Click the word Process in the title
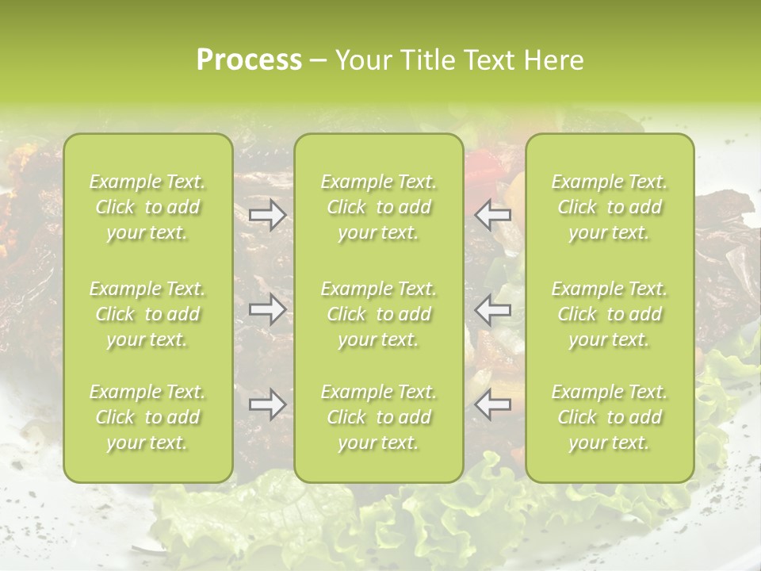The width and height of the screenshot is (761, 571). (249, 60)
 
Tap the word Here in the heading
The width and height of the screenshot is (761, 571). (555, 60)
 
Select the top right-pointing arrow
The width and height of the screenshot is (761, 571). (268, 215)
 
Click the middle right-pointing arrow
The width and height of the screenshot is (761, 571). (268, 309)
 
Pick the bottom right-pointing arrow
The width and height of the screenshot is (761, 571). (268, 404)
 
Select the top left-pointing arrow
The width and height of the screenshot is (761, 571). (493, 215)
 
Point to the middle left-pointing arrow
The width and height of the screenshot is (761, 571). (493, 309)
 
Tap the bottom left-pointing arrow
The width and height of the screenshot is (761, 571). (493, 404)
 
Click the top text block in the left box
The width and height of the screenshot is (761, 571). (147, 207)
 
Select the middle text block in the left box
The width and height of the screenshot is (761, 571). (147, 314)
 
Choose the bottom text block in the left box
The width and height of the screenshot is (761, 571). (147, 417)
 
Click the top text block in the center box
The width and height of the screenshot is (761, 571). (379, 207)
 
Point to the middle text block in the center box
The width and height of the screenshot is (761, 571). (379, 314)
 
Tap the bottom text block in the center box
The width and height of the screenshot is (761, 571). (379, 417)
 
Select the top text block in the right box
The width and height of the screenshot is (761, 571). (610, 207)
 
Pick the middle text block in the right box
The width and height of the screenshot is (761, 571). (610, 314)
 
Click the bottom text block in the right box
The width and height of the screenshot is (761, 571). (610, 417)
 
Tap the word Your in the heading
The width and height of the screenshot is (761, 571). (361, 60)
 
